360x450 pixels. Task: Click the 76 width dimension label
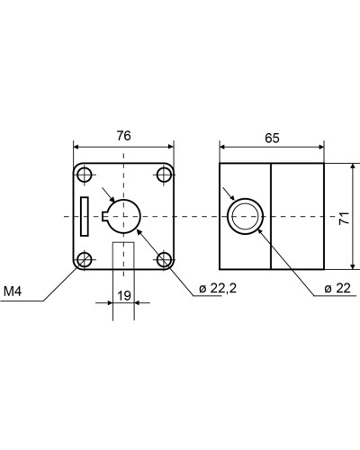(124, 136)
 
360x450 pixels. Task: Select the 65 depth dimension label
(272, 138)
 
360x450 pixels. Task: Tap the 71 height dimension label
(345, 218)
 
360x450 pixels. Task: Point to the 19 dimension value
(124, 295)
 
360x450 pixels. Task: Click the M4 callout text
(13, 292)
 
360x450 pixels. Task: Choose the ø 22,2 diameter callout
(218, 288)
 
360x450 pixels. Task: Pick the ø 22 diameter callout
(337, 288)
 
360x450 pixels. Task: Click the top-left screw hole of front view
(85, 175)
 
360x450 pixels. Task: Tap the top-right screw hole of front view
(164, 175)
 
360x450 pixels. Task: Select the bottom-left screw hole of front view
(85, 259)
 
